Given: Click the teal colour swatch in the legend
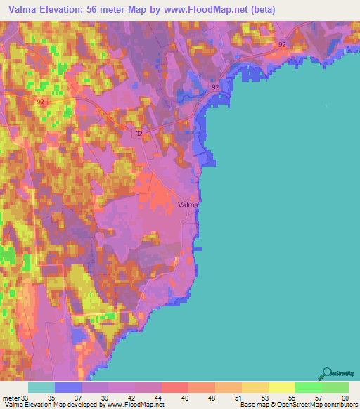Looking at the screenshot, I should [x=41, y=387].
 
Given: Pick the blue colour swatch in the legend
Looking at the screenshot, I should [x=68, y=387].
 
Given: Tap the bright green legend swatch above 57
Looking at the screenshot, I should [x=308, y=387].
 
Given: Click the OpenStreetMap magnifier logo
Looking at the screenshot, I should [x=326, y=373].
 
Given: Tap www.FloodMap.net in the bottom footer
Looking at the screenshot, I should [x=137, y=405].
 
